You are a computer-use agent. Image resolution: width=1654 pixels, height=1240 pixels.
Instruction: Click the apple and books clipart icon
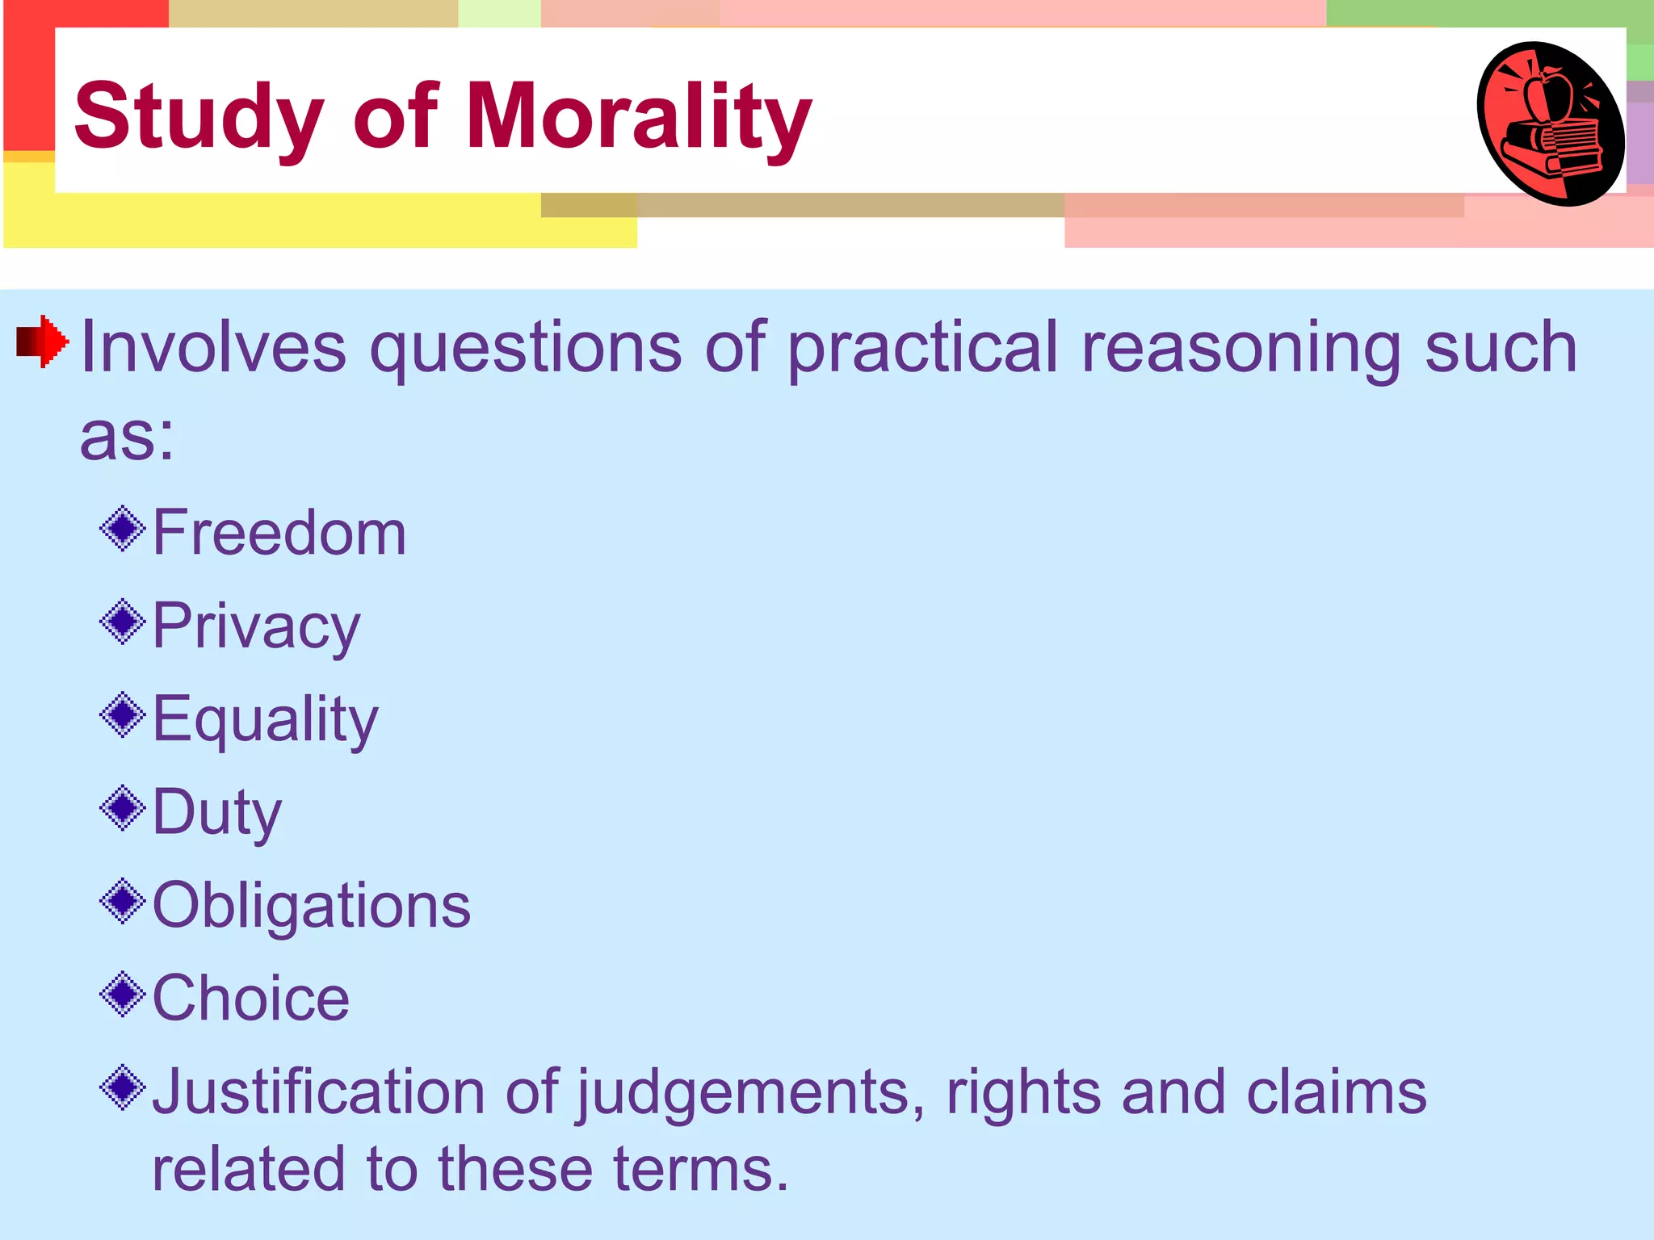[1551, 123]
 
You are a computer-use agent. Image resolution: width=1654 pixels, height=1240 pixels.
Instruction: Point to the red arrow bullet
[43, 341]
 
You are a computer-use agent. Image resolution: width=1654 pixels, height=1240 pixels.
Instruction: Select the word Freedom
[279, 533]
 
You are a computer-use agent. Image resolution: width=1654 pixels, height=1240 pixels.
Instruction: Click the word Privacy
[256, 627]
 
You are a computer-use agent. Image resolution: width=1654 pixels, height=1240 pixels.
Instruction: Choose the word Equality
[265, 719]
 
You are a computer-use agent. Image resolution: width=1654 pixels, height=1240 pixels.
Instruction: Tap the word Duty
[217, 813]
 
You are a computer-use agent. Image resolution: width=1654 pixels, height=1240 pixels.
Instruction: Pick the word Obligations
[312, 905]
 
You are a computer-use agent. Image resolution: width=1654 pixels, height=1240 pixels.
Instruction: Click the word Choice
[251, 999]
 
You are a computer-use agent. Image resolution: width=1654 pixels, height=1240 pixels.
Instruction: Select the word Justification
[318, 1091]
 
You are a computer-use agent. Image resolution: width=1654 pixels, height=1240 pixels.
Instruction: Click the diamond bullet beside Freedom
[123, 529]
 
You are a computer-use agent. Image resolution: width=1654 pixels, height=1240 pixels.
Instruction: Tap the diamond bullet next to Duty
[123, 808]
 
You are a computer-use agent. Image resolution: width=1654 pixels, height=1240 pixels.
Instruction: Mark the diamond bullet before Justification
[123, 1087]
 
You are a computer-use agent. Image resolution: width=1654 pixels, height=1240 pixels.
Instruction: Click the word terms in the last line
[699, 1169]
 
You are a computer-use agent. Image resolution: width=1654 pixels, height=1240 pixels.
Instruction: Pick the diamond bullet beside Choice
[123, 995]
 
